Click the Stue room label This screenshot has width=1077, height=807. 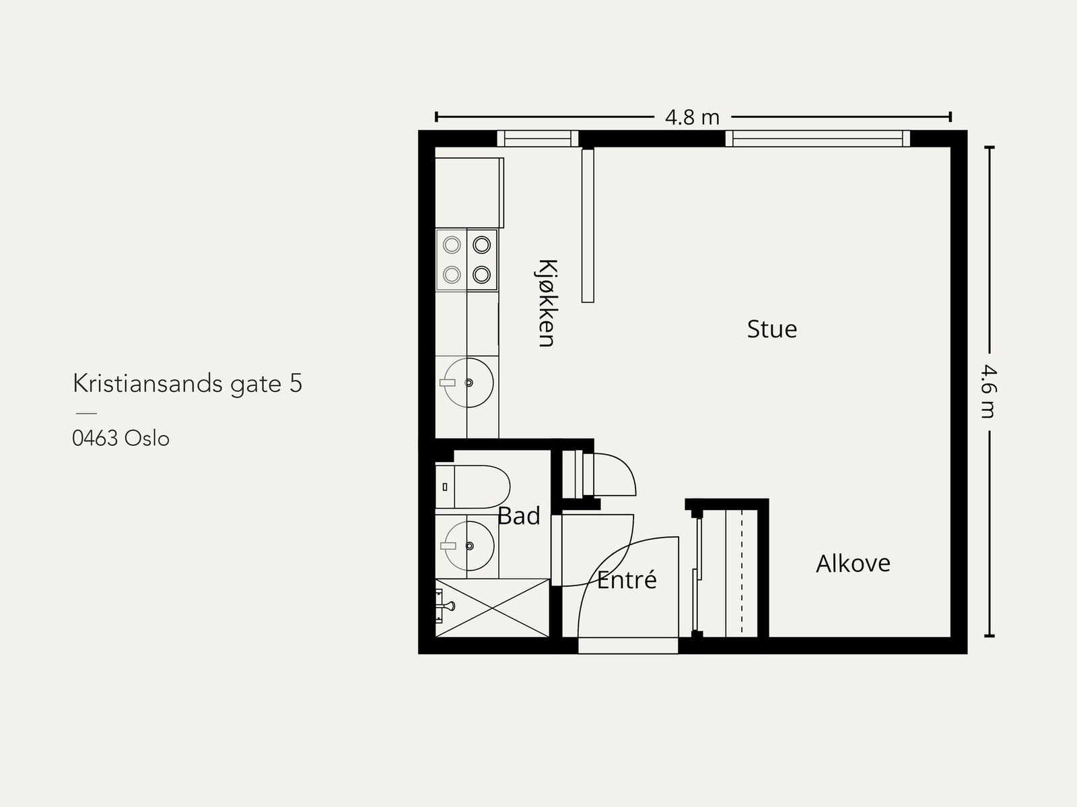(x=772, y=329)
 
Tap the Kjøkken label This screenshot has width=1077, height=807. (x=547, y=302)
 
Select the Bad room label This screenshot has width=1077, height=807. (x=519, y=516)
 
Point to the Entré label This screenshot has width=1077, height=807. (x=627, y=580)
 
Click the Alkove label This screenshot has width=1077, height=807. (x=853, y=563)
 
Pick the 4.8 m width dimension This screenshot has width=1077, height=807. (x=692, y=117)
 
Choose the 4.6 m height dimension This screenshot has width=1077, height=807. (x=987, y=391)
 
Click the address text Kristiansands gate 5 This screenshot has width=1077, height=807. (x=187, y=383)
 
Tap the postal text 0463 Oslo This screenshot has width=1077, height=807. (x=120, y=439)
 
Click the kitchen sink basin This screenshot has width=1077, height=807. (x=468, y=383)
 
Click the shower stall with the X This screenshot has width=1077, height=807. (x=493, y=608)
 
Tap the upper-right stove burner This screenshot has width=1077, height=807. (x=481, y=245)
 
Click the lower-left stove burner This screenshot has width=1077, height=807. (x=452, y=274)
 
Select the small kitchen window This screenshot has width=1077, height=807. (x=537, y=139)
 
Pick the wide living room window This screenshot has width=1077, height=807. (x=817, y=139)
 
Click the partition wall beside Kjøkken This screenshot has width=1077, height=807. (x=588, y=226)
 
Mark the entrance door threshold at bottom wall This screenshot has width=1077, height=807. (x=628, y=645)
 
